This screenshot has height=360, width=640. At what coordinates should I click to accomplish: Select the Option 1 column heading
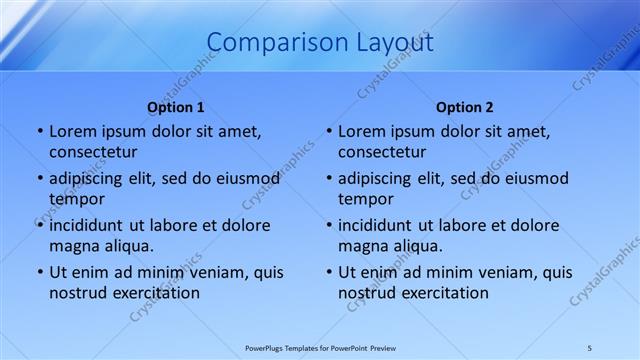coord(176,106)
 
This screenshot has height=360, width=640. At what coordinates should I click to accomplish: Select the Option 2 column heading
coord(465,106)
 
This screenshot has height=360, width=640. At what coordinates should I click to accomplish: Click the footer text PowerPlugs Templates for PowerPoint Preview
coord(319,347)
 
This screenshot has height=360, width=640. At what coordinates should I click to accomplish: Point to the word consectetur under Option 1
coord(93,152)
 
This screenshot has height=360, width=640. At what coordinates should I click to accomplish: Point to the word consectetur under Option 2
coord(382,152)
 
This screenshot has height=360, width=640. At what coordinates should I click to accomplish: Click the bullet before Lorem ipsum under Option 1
coord(39,132)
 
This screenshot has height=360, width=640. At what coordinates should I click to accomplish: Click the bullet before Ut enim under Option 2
coord(328,273)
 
